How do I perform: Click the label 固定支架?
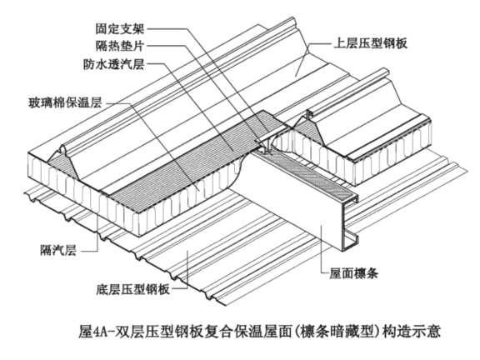(x=119, y=29)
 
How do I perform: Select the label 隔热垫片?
(x=119, y=46)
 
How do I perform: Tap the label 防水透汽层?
(x=113, y=64)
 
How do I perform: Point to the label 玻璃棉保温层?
(x=65, y=103)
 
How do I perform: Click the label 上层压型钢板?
(x=371, y=43)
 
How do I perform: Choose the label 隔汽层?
(x=58, y=250)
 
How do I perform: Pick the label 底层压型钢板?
(x=132, y=289)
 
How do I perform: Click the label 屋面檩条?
(x=353, y=273)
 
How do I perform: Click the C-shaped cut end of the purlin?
(x=350, y=224)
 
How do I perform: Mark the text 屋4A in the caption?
(x=92, y=332)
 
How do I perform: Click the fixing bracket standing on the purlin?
(x=264, y=144)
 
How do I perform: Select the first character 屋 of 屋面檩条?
(x=335, y=273)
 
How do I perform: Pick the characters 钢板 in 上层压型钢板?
(x=396, y=43)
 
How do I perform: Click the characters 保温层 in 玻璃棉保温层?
(x=83, y=103)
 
